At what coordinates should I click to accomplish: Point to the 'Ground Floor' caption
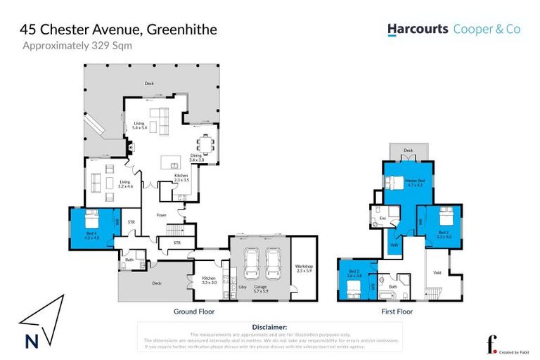click(193, 311)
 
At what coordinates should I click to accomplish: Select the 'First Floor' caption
click(397, 311)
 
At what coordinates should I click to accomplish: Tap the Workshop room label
click(304, 269)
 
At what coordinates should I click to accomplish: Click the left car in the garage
click(251, 265)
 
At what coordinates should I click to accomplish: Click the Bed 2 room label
click(443, 234)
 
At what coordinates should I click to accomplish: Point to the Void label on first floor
click(437, 273)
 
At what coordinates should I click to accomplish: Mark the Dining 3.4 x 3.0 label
click(196, 158)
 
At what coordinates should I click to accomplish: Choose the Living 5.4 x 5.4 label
click(139, 127)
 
